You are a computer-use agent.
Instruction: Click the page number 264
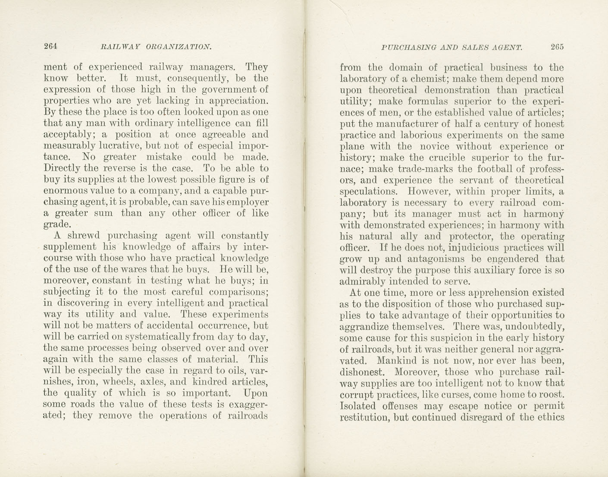pos(50,47)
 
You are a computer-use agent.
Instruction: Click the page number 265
pos(557,47)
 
